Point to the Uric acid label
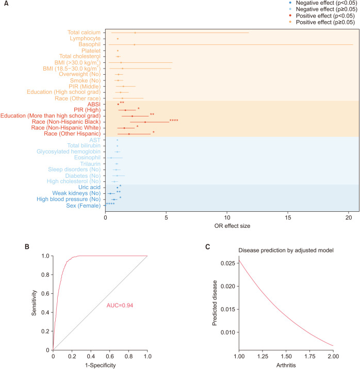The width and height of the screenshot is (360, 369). [x=89, y=187]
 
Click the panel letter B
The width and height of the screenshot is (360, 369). [x=28, y=246]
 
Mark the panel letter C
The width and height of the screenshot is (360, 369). [x=208, y=246]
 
